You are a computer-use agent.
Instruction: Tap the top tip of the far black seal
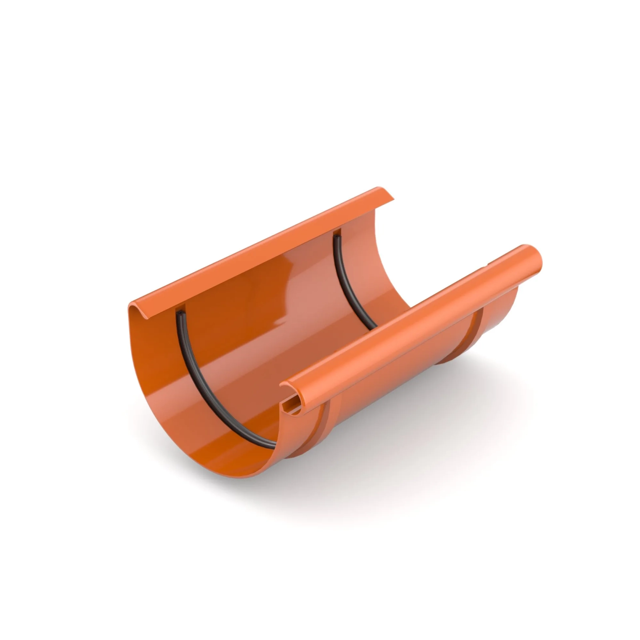point(336,237)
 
